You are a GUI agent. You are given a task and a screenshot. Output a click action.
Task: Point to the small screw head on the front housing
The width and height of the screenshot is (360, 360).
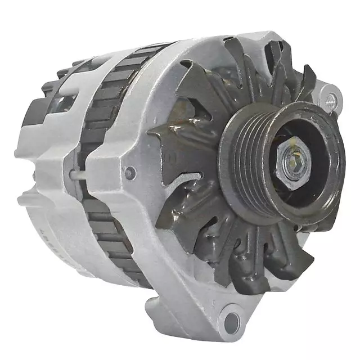tap(130, 173)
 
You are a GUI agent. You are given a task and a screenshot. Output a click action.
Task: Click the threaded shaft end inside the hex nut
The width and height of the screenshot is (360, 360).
tap(293, 163)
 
